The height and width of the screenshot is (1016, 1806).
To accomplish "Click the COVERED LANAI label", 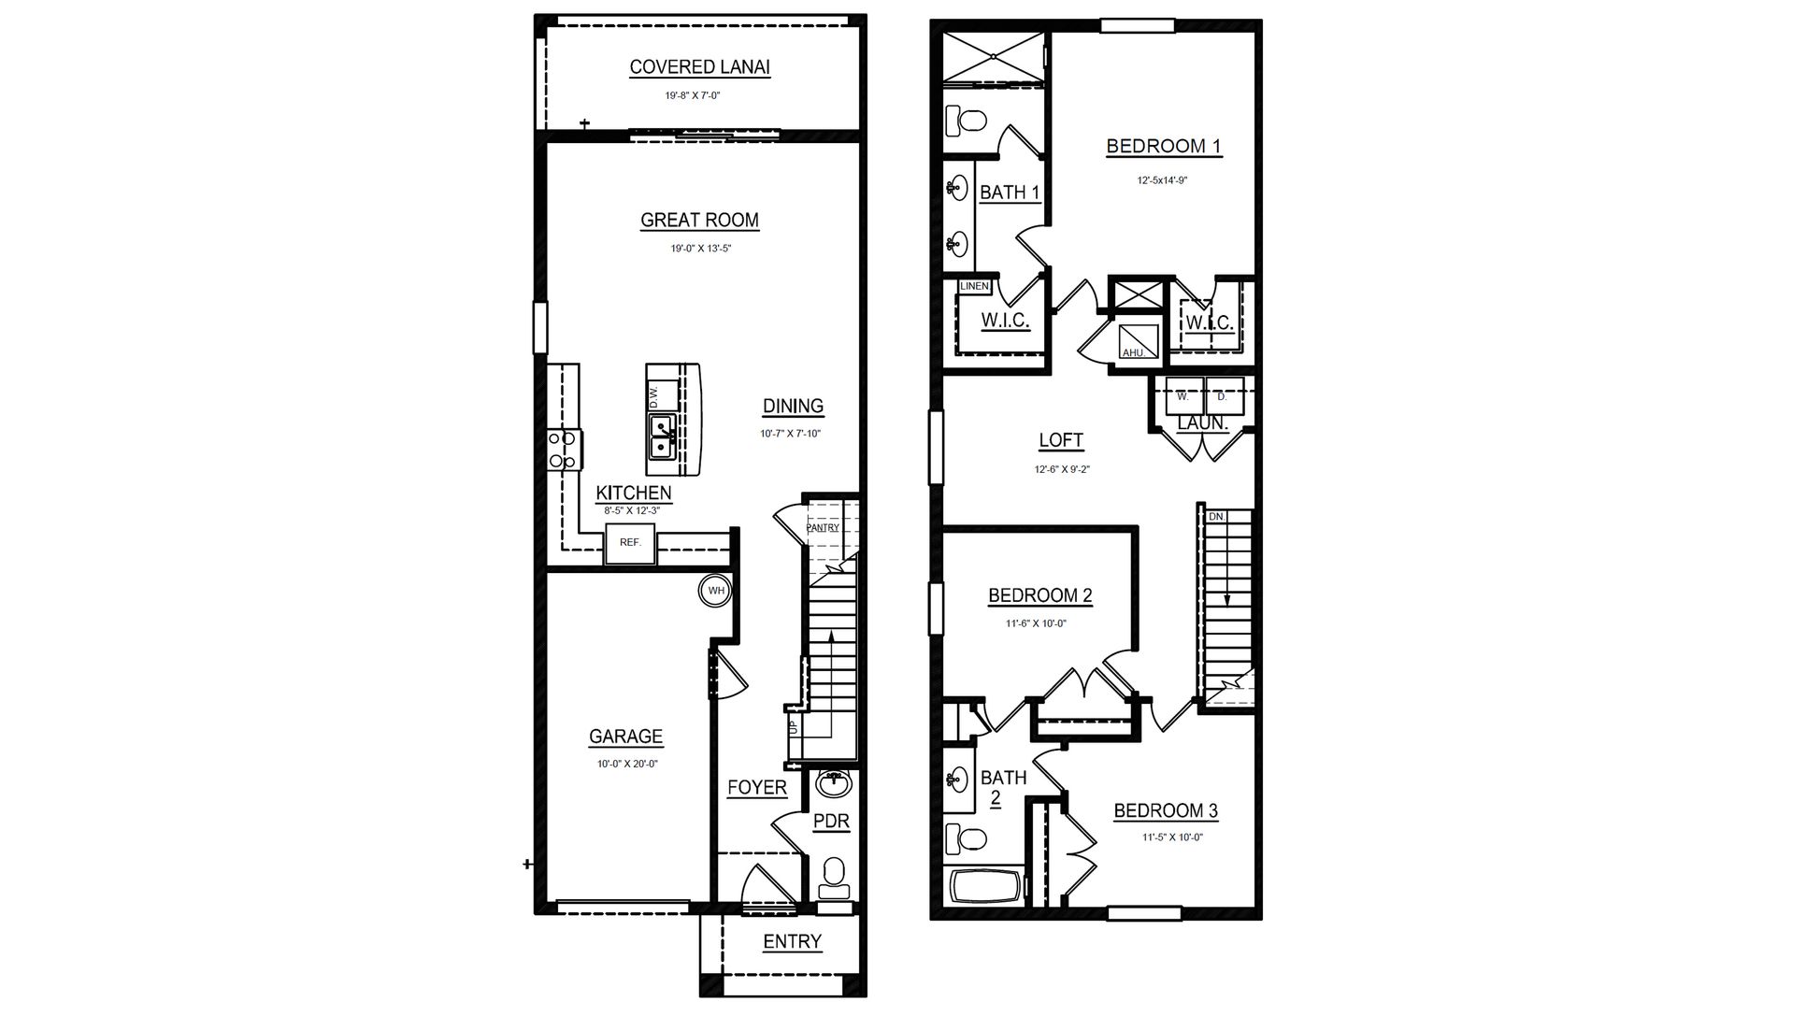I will click(x=699, y=67).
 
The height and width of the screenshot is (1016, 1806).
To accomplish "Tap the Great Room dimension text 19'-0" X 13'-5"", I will click(x=699, y=249).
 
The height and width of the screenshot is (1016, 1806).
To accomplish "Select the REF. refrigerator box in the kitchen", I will click(x=630, y=543).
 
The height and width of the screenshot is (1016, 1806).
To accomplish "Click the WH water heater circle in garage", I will click(x=716, y=590).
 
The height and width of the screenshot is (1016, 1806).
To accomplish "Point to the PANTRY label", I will click(x=823, y=528).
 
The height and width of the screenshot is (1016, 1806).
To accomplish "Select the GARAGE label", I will click(x=625, y=737).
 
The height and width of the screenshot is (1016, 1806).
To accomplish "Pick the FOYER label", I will click(x=757, y=788).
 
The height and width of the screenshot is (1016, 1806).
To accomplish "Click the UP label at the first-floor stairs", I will click(x=793, y=726).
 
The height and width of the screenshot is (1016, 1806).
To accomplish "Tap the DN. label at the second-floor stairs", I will click(x=1216, y=517).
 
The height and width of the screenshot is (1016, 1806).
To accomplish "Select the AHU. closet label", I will click(x=1134, y=352).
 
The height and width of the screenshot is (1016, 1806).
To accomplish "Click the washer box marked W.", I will click(x=1182, y=396).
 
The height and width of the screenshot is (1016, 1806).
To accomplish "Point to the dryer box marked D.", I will click(x=1222, y=396).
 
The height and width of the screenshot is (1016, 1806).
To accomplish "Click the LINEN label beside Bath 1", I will click(x=974, y=286).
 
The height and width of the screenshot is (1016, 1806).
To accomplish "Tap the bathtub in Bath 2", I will click(x=987, y=886).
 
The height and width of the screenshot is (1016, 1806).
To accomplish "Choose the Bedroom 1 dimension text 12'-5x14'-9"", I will click(x=1162, y=180).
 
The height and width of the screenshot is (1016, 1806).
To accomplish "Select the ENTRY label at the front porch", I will click(x=792, y=941).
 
